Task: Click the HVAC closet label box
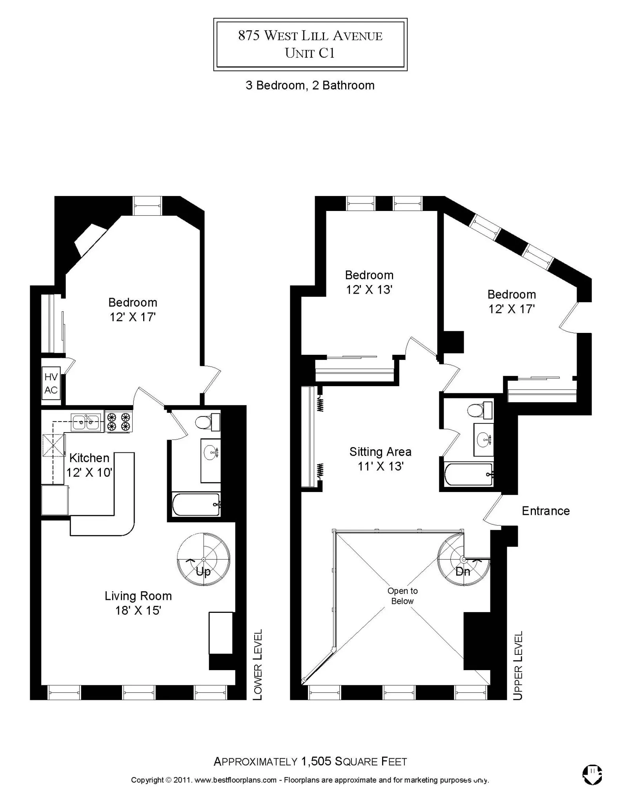tap(51, 383)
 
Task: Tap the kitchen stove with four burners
tap(118, 421)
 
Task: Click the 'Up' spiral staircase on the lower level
tap(203, 559)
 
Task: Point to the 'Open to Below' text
tap(402, 596)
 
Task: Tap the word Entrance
tap(545, 511)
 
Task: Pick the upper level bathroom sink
tap(483, 440)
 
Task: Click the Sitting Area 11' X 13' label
tap(380, 459)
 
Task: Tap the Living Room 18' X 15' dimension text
tap(138, 610)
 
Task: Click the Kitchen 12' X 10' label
tap(89, 465)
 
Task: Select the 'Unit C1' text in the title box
tap(310, 53)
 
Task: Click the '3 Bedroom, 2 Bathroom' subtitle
tap(310, 85)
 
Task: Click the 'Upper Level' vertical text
tap(518, 665)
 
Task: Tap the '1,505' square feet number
tap(316, 761)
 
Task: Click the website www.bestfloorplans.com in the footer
tap(235, 780)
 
